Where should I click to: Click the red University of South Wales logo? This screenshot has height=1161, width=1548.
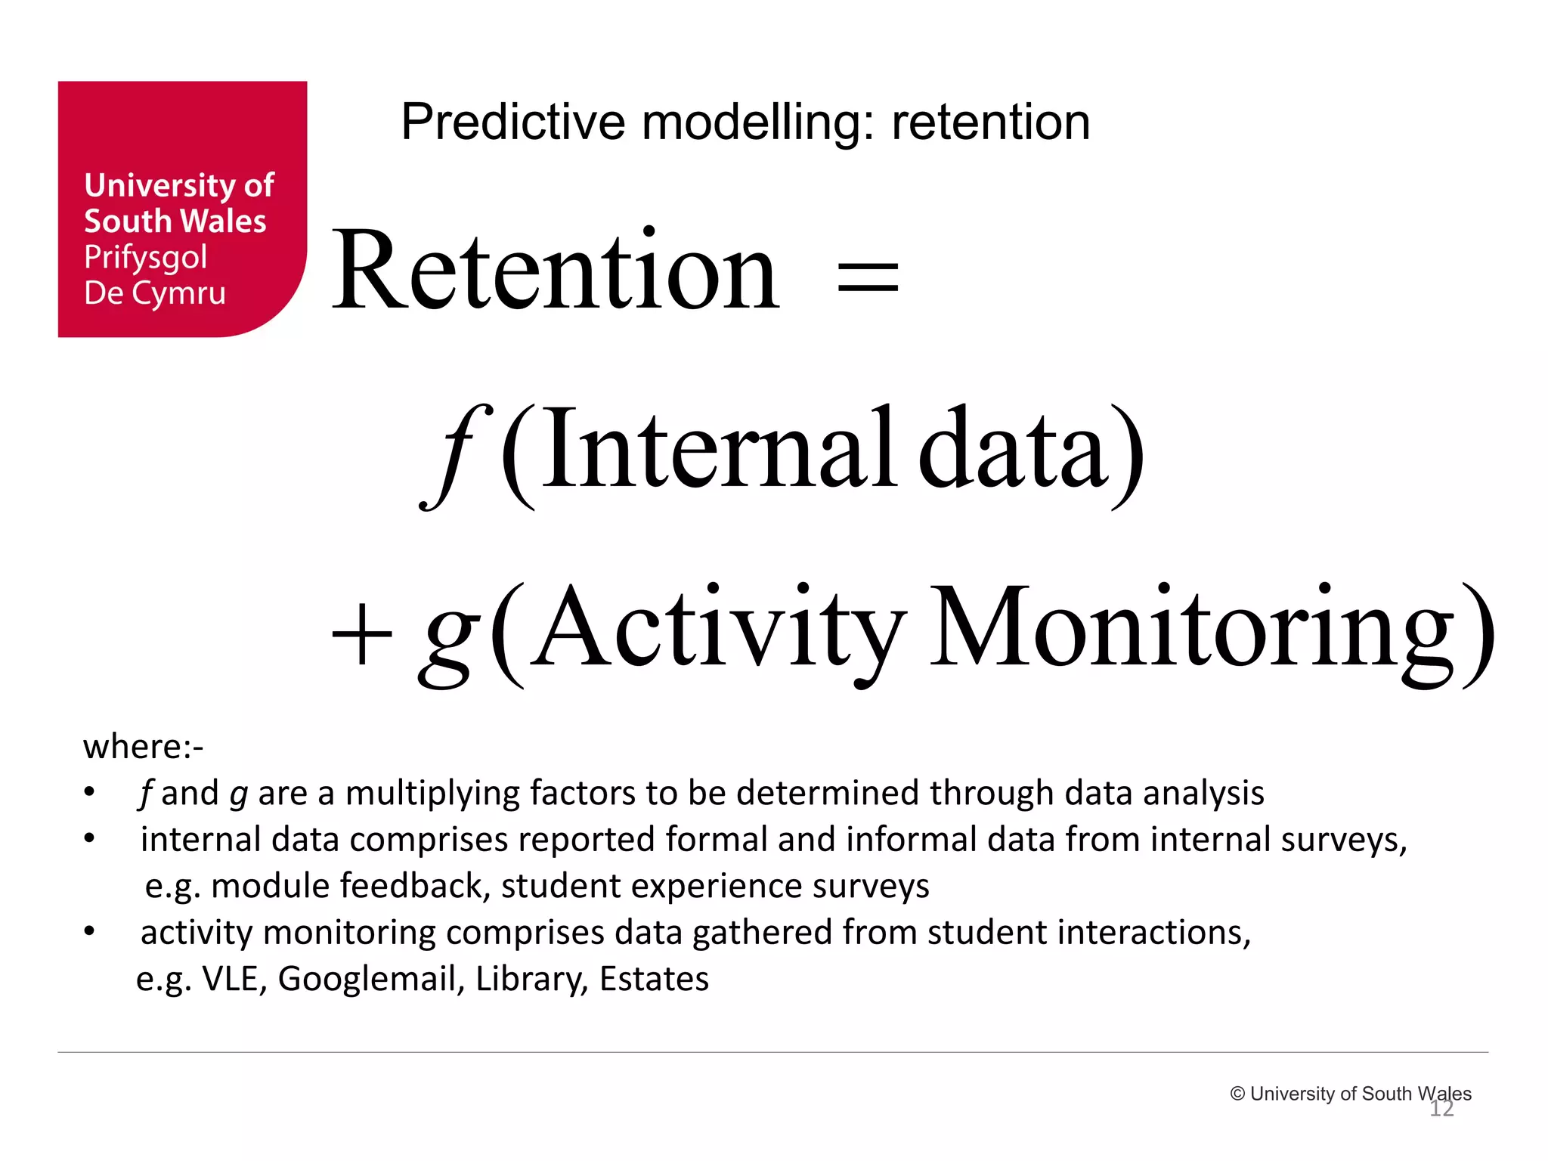182,209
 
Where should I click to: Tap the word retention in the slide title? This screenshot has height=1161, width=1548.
990,122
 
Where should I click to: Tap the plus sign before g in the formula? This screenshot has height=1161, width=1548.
362,634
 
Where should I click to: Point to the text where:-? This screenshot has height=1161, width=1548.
143,747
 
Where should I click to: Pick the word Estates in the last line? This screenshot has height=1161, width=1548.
654,979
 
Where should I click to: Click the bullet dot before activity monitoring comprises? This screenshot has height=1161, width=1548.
89,931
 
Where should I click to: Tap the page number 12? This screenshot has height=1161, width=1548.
1441,1109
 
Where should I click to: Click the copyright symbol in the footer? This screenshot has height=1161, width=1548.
1237,1094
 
